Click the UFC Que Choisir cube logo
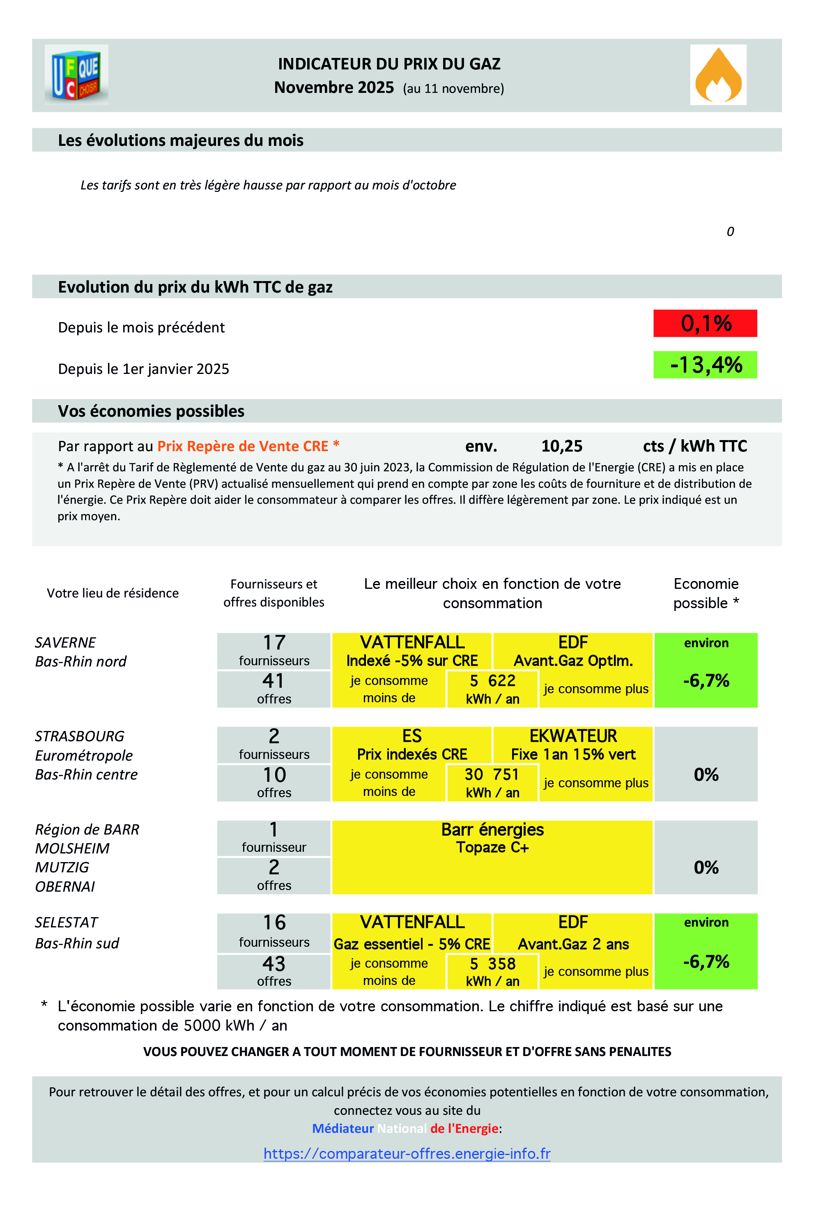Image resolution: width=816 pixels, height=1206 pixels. tap(76, 75)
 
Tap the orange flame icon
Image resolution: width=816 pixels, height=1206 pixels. tap(717, 75)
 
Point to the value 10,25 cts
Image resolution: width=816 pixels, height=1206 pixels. tap(561, 446)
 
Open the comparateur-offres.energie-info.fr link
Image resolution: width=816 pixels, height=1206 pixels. tap(407, 1153)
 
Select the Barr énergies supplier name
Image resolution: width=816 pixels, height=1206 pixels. tap(492, 829)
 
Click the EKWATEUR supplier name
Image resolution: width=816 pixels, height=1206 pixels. tap(573, 736)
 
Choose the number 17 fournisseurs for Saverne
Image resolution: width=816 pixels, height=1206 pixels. tap(274, 642)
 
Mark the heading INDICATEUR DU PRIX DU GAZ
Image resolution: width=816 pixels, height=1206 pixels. tap(389, 64)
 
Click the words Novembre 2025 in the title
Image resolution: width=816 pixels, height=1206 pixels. tap(333, 87)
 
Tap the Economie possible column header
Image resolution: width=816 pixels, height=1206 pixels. tap(706, 593)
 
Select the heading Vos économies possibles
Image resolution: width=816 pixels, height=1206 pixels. tap(151, 411)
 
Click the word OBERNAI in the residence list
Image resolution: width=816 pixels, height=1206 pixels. tap(65, 886)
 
